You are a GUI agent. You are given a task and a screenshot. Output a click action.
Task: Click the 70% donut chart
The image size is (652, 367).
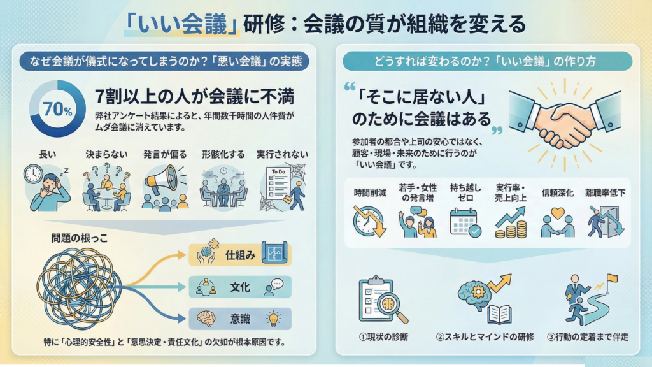coord(58,108)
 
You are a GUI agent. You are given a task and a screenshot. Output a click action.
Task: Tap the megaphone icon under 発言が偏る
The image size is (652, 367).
coord(159,180)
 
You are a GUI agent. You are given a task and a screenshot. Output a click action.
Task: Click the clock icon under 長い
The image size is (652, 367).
coord(33,173)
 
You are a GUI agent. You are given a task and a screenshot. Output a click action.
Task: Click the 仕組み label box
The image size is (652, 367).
coord(241,255)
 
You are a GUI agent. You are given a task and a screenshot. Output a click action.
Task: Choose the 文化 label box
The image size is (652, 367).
coord(241,287)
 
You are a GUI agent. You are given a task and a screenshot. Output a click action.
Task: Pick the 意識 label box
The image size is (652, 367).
coord(241,318)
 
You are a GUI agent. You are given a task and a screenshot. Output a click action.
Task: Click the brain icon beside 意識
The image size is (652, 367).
coord(206,318)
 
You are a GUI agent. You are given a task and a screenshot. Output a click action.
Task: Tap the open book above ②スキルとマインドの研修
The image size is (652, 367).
coord(499,313)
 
